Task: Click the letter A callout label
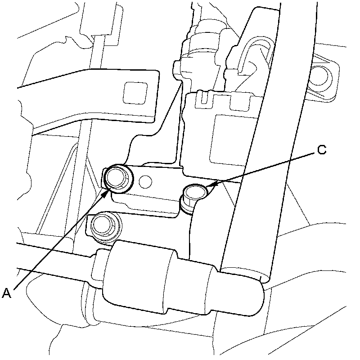coord(7,293)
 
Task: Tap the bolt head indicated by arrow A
coord(118,176)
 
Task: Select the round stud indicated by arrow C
coord(195,193)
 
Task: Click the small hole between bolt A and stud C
coord(145,181)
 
